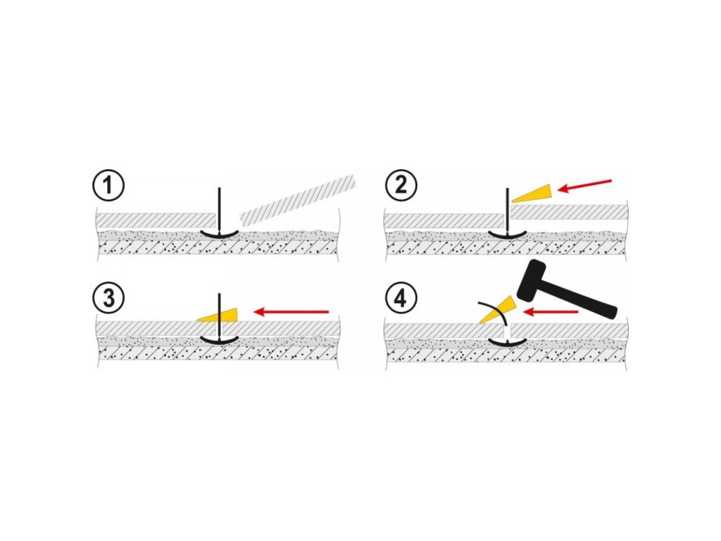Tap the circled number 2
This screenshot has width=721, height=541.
pos(401,187)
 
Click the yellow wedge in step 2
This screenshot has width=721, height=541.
pos(534,192)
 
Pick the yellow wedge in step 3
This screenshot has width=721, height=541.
pos(220,314)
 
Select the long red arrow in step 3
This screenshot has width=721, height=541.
pos(291,311)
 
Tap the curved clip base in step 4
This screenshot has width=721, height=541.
pos(508,343)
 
